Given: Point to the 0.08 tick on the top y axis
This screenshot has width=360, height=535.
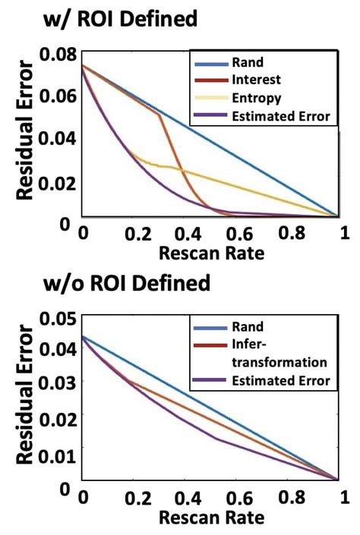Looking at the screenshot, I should pos(60,53).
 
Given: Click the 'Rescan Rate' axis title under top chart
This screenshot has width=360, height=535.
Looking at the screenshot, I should pos(213,253).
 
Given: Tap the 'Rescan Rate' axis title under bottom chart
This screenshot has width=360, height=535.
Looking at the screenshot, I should pos(213,518).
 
